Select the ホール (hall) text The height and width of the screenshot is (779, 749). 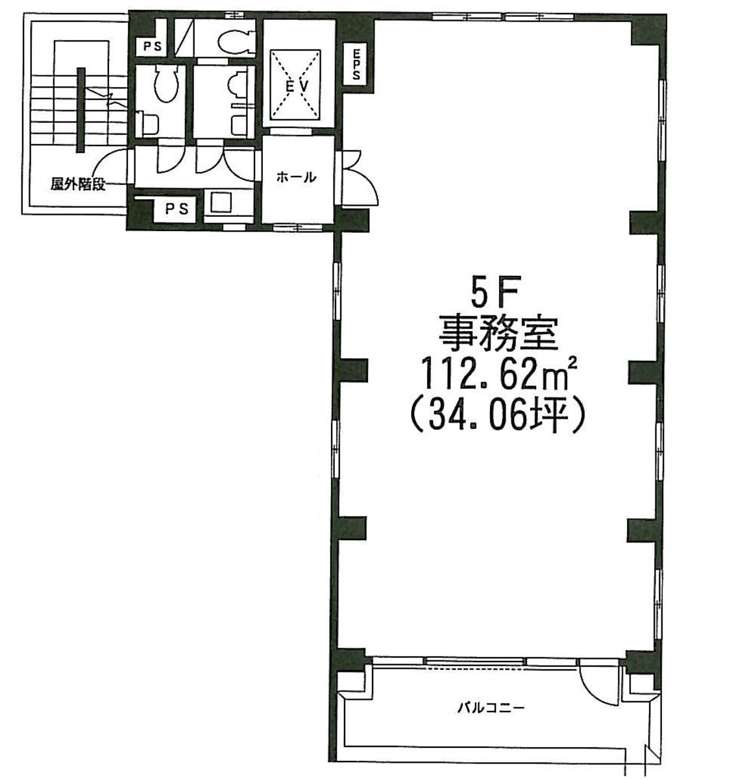pos(296,177)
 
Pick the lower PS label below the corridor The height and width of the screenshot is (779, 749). pos(175,209)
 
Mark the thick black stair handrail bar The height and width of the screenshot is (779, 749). pos(80,110)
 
